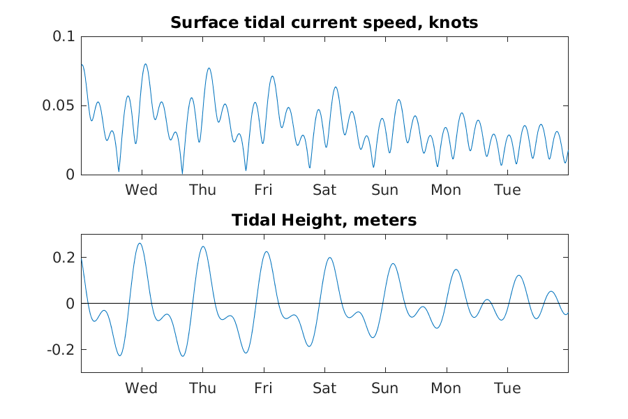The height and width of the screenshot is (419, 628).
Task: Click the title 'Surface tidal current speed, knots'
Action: pyautogui.click(x=324, y=22)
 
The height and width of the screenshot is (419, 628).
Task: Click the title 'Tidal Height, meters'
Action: pyautogui.click(x=324, y=220)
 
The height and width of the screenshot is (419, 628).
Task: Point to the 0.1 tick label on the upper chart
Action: pyautogui.click(x=63, y=36)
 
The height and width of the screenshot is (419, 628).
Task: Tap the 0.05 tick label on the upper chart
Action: pyautogui.click(x=59, y=106)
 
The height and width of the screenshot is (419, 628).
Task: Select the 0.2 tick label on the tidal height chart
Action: pyautogui.click(x=63, y=258)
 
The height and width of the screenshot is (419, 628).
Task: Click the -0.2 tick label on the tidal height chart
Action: pyautogui.click(x=61, y=350)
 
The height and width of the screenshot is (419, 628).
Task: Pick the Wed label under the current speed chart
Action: pyautogui.click(x=141, y=190)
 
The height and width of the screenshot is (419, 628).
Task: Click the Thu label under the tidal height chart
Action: pyautogui.click(x=202, y=388)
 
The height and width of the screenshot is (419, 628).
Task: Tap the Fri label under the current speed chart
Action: pyautogui.click(x=263, y=190)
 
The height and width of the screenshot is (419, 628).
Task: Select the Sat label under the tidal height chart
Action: pyautogui.click(x=324, y=388)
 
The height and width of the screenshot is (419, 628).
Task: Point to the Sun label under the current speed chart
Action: pyautogui.click(x=385, y=190)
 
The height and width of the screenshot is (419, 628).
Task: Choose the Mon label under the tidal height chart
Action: pyautogui.click(x=446, y=388)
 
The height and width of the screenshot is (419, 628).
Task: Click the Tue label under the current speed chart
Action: pyautogui.click(x=507, y=190)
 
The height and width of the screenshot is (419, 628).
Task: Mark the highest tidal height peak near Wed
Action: pyautogui.click(x=140, y=244)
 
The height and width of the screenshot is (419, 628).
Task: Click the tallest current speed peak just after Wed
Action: pyautogui.click(x=145, y=64)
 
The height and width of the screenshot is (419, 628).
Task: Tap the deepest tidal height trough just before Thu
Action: pyautogui.click(x=183, y=355)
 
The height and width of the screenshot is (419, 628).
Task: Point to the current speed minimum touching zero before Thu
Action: pyautogui.click(x=182, y=174)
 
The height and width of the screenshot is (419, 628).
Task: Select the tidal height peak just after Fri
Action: pyautogui.click(x=267, y=252)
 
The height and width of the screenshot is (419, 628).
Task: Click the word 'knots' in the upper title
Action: pyautogui.click(x=453, y=22)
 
